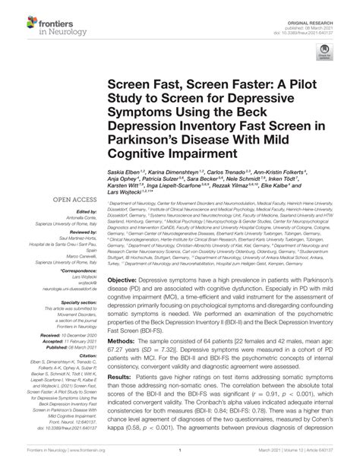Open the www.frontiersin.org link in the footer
90,460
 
